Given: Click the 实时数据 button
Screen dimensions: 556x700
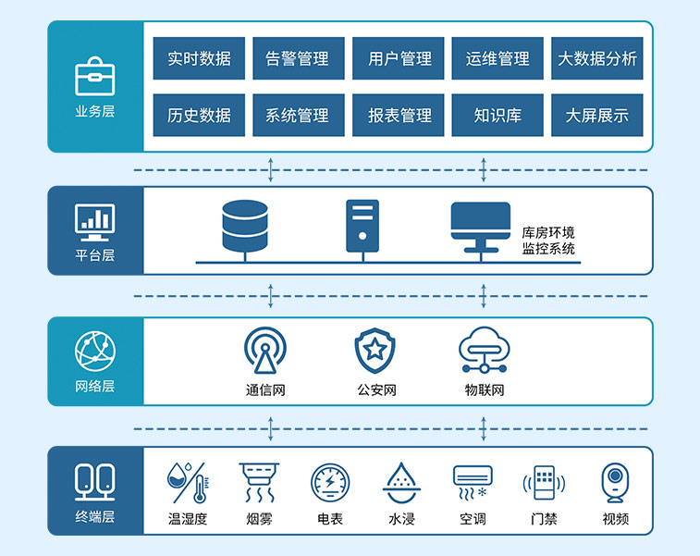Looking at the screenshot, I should (x=199, y=58).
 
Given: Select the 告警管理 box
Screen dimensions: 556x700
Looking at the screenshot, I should (x=298, y=58).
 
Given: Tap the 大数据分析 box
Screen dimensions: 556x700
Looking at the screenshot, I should (x=597, y=58).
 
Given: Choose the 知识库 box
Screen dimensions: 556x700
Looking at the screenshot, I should (x=497, y=116).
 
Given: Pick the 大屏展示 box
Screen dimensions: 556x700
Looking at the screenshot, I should (x=597, y=116).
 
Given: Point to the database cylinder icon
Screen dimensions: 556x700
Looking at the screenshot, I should (x=245, y=226).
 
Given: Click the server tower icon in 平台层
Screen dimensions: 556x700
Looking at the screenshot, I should (x=362, y=226).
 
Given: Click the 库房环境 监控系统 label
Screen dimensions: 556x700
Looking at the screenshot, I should (x=548, y=241).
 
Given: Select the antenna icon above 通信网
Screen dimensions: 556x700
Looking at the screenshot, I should (x=265, y=351).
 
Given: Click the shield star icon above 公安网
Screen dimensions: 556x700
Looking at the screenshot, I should (x=375, y=350).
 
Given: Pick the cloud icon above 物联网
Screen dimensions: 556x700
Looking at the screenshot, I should (x=485, y=349).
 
